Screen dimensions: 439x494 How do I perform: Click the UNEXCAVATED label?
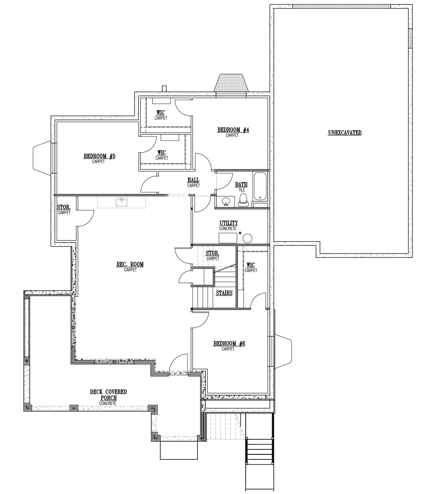click(x=345, y=133)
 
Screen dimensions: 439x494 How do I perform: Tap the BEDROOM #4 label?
click(x=233, y=130)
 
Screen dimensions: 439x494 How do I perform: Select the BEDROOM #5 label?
click(x=99, y=156)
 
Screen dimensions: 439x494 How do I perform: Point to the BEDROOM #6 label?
click(x=229, y=343)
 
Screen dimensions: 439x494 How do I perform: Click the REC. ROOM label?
click(x=130, y=264)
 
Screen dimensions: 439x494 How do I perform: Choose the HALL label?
click(x=193, y=180)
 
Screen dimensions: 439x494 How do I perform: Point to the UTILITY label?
click(x=229, y=223)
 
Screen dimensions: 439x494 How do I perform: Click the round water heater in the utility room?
click(x=248, y=238)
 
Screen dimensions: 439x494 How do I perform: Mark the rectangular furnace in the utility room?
click(x=228, y=238)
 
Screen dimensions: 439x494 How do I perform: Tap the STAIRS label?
click(x=224, y=293)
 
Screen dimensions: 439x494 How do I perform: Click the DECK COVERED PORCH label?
click(x=108, y=395)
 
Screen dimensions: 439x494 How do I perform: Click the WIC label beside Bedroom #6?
click(x=251, y=265)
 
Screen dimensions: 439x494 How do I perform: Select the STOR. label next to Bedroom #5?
click(x=64, y=207)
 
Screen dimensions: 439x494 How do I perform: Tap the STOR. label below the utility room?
click(x=213, y=253)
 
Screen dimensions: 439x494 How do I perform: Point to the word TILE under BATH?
click(x=242, y=190)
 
